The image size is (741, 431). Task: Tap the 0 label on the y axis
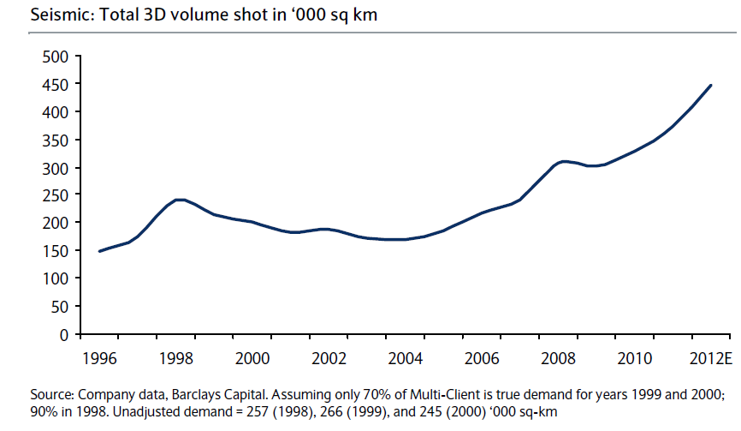pyautogui.click(x=64, y=335)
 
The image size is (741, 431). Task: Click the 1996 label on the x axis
pyautogui.click(x=100, y=356)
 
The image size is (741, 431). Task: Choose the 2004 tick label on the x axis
pyautogui.click(x=405, y=356)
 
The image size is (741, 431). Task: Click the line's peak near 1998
pyautogui.click(x=178, y=200)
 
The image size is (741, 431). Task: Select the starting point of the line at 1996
pyautogui.click(x=99, y=251)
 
